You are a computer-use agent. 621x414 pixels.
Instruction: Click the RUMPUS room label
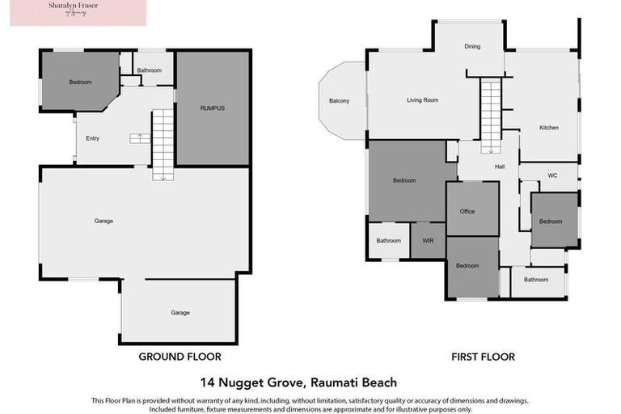[213, 108]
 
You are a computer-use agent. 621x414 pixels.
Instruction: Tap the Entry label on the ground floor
[93, 138]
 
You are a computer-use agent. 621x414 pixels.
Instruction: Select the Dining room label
[472, 47]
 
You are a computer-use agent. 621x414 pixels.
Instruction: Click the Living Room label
[422, 100]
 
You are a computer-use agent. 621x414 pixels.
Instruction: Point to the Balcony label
[340, 101]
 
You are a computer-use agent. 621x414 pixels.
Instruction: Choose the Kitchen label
[549, 128]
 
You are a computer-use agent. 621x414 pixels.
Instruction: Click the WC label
[552, 175]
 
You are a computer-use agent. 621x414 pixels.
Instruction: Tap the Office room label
[467, 212]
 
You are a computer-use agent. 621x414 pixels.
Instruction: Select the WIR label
[428, 240]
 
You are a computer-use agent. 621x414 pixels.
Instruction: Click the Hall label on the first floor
[500, 167]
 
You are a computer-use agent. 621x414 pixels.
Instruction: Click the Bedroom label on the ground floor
[80, 82]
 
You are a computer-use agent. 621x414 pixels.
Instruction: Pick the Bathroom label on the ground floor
[150, 70]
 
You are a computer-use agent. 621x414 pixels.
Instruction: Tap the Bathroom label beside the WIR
[389, 240]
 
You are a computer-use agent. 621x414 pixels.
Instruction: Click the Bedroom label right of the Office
[551, 222]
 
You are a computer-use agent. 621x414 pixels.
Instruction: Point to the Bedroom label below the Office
[467, 266]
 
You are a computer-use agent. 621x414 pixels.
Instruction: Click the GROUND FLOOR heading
[180, 357]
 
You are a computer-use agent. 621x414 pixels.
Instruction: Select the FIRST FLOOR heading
[483, 357]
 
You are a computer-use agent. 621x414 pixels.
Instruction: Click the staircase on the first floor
[491, 109]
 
